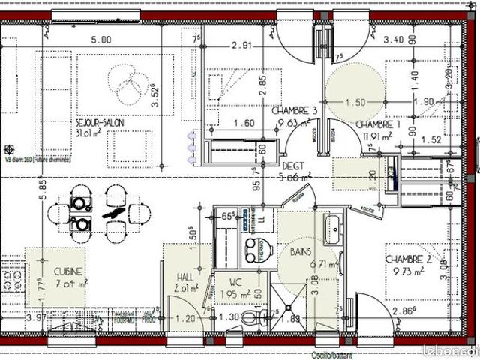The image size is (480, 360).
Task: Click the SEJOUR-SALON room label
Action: click(x=100, y=123)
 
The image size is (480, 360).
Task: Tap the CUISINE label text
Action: click(x=68, y=271)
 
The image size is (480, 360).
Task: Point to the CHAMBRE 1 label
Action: click(x=379, y=124)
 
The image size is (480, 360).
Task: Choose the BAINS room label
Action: click(x=303, y=253)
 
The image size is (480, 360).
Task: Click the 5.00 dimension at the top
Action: click(x=101, y=40)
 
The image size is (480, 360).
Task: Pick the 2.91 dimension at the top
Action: click(x=241, y=46)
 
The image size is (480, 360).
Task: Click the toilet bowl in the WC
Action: click(x=259, y=317)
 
